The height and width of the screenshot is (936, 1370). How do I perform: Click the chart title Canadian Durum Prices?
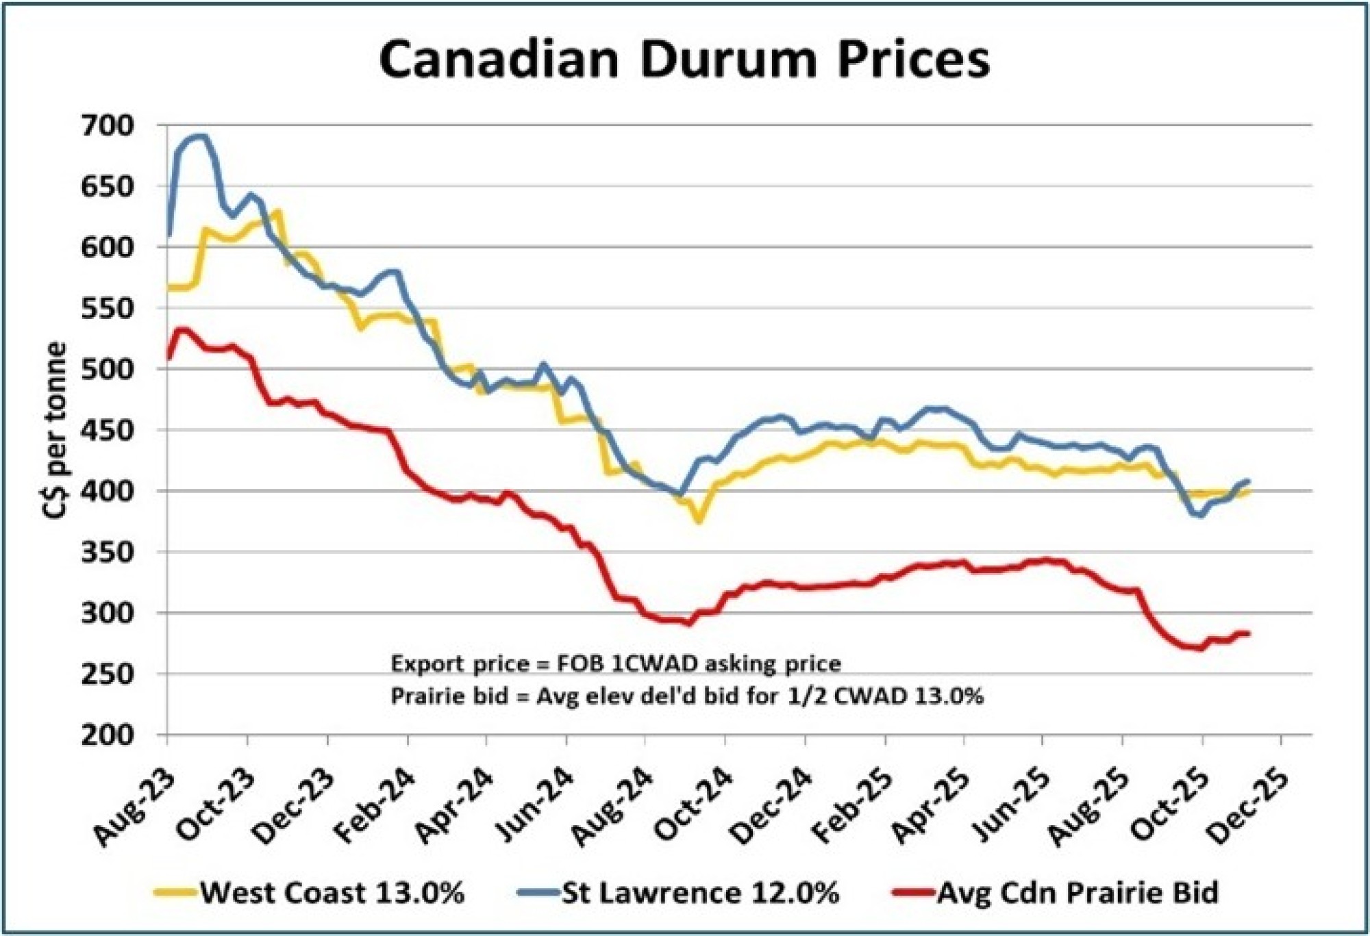[x=684, y=60]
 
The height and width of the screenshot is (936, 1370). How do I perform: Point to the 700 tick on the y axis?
[x=108, y=125]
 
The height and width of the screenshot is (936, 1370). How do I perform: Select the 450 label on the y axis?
[x=108, y=430]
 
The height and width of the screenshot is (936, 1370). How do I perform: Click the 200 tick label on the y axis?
[x=108, y=735]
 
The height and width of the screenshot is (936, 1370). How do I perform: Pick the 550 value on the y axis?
[x=108, y=308]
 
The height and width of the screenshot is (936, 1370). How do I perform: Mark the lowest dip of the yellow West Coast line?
[x=698, y=522]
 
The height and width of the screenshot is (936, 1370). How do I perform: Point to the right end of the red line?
[x=1249, y=633]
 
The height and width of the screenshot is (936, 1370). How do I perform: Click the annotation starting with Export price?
[x=615, y=663]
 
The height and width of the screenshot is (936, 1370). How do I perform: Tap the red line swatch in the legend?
[x=913, y=892]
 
